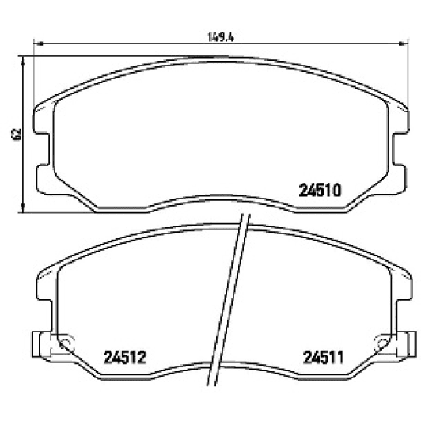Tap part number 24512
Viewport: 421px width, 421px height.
(127, 356)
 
